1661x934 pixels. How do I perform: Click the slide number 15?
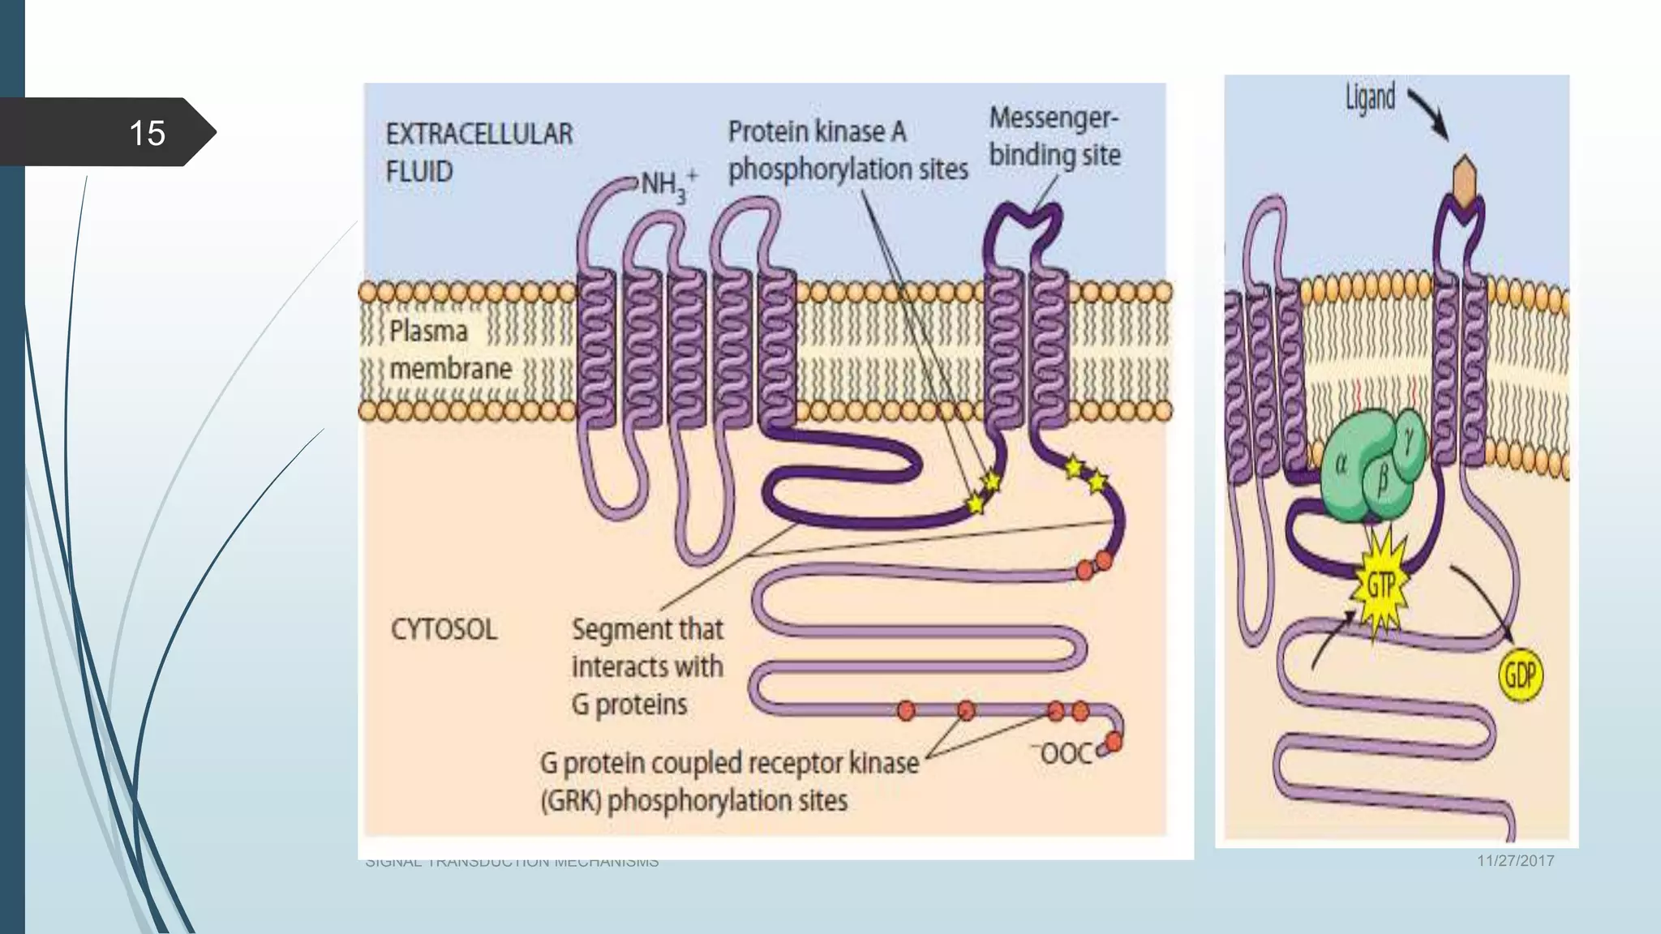point(147,133)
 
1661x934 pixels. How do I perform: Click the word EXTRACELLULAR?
point(479,134)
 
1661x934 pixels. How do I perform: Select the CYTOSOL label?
point(444,629)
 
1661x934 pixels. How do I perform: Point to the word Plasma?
point(428,331)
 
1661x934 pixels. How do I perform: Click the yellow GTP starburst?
point(1380,585)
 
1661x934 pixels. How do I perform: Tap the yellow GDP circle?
point(1519,675)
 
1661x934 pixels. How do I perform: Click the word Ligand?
point(1370,98)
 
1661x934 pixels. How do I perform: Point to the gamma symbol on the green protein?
point(1409,441)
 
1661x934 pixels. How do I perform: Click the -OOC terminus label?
point(1066,753)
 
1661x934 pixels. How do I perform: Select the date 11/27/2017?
point(1515,861)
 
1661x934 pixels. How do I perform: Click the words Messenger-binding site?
point(1054,136)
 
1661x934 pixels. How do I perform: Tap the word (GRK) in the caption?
point(571,801)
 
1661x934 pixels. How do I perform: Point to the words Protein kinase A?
point(816,131)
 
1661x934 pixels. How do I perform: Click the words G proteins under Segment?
point(629,705)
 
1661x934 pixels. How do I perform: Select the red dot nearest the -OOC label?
point(1114,741)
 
